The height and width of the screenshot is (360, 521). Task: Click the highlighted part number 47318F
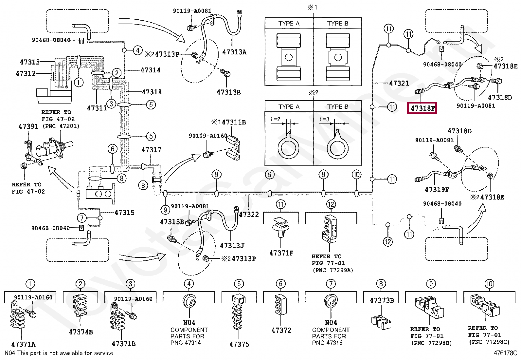pos(422,108)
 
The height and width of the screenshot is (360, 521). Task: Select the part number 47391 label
pos(28,126)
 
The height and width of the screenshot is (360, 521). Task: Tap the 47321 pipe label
pos(399,83)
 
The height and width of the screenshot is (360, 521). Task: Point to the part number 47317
pos(151,150)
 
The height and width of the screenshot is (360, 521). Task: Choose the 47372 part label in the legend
pos(281,330)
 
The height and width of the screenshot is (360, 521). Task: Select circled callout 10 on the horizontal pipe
pos(357,175)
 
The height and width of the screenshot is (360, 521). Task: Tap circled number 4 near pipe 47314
pos(138,50)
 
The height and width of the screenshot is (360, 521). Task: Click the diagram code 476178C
pos(506,353)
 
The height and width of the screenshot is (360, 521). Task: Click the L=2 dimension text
pos(275,119)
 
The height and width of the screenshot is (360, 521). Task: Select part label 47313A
pos(234,52)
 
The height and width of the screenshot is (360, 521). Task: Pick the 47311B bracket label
pos(234,123)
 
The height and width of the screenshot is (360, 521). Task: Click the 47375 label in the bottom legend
pos(239,344)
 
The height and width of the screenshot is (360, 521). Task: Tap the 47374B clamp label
pos(81,332)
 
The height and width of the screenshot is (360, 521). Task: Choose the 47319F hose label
pos(437,189)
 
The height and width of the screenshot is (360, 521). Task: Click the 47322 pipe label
pos(249,214)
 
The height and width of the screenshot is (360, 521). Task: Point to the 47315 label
pos(124,213)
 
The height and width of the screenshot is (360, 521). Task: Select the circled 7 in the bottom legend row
pos(331,284)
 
